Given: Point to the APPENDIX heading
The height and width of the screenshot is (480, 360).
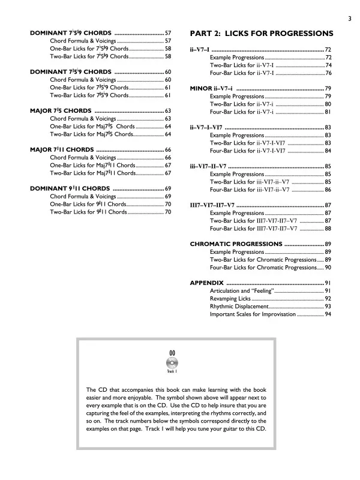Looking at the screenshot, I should point(206,282).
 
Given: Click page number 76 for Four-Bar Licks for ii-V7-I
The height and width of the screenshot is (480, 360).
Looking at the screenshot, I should point(328,73).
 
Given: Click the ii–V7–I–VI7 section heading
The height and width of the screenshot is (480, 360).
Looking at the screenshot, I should point(208,127).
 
